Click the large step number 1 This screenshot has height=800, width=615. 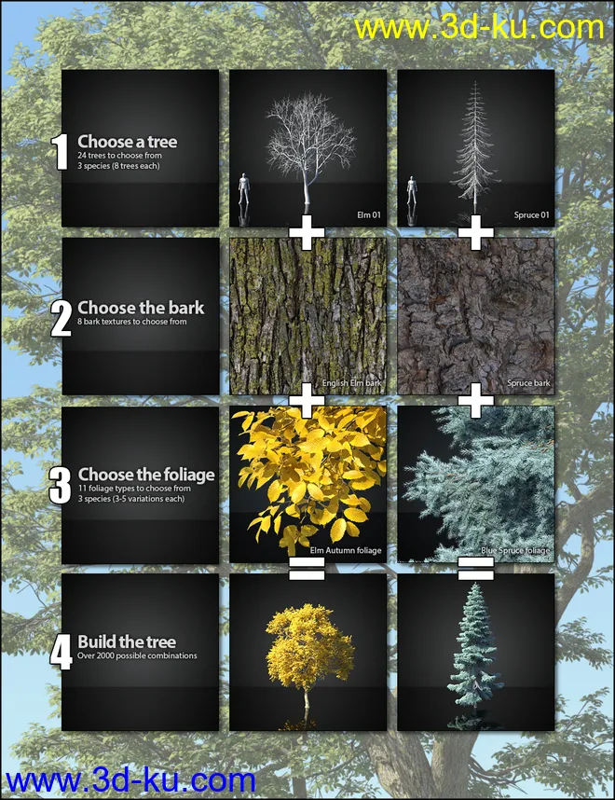tap(61, 153)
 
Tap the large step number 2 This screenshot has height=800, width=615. tap(61, 318)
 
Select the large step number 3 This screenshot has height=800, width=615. tap(61, 485)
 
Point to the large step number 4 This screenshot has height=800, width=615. tap(61, 651)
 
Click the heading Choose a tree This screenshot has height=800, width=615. tap(127, 143)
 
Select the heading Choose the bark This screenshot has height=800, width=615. tap(141, 307)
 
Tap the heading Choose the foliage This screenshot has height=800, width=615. tap(146, 475)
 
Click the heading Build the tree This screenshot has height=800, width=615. tap(125, 641)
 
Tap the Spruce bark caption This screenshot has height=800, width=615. tap(528, 383)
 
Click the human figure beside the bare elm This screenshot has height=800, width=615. tap(244, 194)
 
